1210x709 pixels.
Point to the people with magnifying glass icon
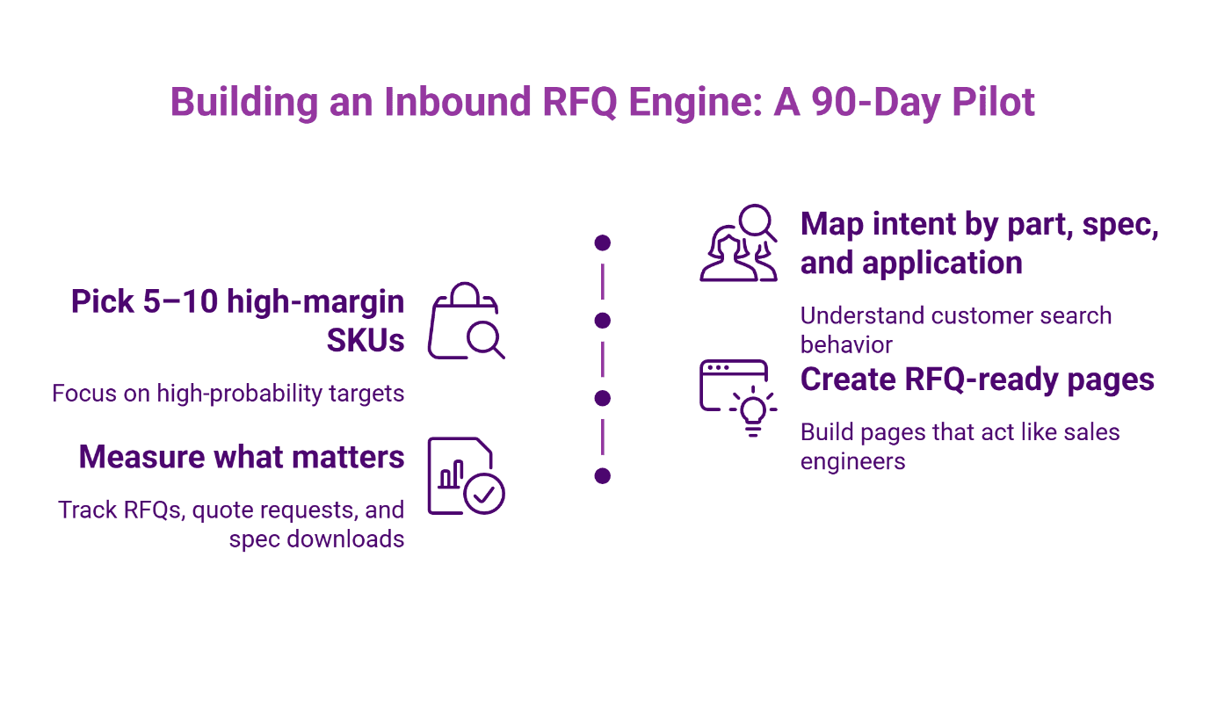coord(738,243)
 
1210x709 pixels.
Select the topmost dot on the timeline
coord(602,242)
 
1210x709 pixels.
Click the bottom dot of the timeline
coord(602,475)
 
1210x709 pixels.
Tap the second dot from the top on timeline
coord(602,320)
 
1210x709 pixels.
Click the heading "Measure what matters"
coord(242,457)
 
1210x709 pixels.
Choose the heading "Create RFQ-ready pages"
coord(977,380)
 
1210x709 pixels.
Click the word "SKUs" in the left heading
coord(366,340)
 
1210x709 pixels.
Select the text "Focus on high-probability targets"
coord(228,393)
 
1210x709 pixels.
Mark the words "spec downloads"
coord(316,539)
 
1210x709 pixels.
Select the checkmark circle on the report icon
coord(484,494)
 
